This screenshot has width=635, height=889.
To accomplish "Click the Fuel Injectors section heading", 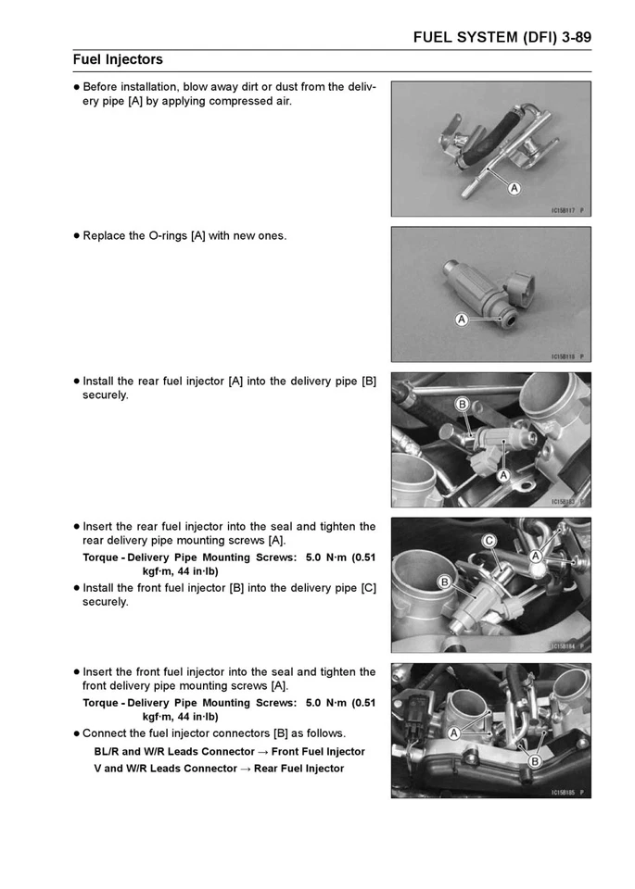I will point(118,60).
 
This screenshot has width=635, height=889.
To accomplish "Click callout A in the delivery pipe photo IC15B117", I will point(513,188).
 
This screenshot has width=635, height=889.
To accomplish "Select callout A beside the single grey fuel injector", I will point(461,320).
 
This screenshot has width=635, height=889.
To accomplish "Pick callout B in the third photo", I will point(460,404).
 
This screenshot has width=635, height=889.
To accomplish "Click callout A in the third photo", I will point(503,475).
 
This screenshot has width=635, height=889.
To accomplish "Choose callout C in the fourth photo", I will point(489,540).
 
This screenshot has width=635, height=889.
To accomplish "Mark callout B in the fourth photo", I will point(444,582).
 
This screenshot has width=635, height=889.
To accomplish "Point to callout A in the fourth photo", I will point(535,557).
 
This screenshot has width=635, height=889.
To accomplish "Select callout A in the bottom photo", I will point(454,732).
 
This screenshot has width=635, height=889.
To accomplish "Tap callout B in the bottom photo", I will point(534,760).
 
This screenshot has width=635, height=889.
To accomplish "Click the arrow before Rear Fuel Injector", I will point(245,769).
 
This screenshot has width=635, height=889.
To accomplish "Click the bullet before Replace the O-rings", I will point(76,236).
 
